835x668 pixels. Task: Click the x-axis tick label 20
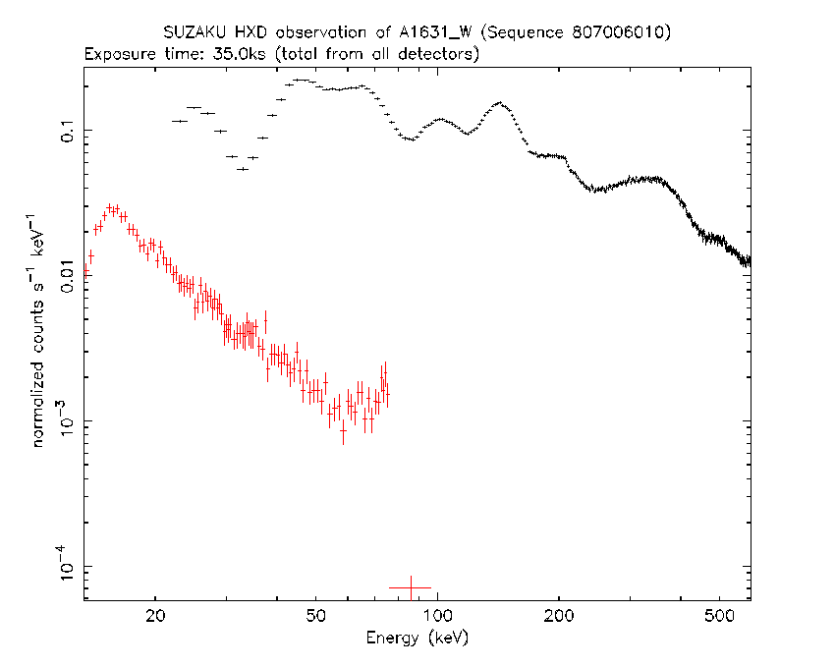[155, 616]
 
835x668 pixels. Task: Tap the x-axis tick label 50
[315, 616]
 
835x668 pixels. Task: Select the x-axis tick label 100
[438, 616]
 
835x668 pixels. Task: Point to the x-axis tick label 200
[559, 616]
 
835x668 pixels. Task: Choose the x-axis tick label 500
[719, 616]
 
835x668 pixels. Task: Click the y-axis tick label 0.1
[68, 130]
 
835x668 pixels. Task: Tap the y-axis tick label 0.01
[68, 276]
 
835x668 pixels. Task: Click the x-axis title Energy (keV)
[417, 638]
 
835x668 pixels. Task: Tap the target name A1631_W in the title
[435, 33]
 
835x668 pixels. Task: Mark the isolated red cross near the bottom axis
[411, 587]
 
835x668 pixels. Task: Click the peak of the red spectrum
[110, 206]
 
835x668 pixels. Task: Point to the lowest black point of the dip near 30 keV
[243, 169]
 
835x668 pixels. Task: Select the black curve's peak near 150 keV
[499, 103]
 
